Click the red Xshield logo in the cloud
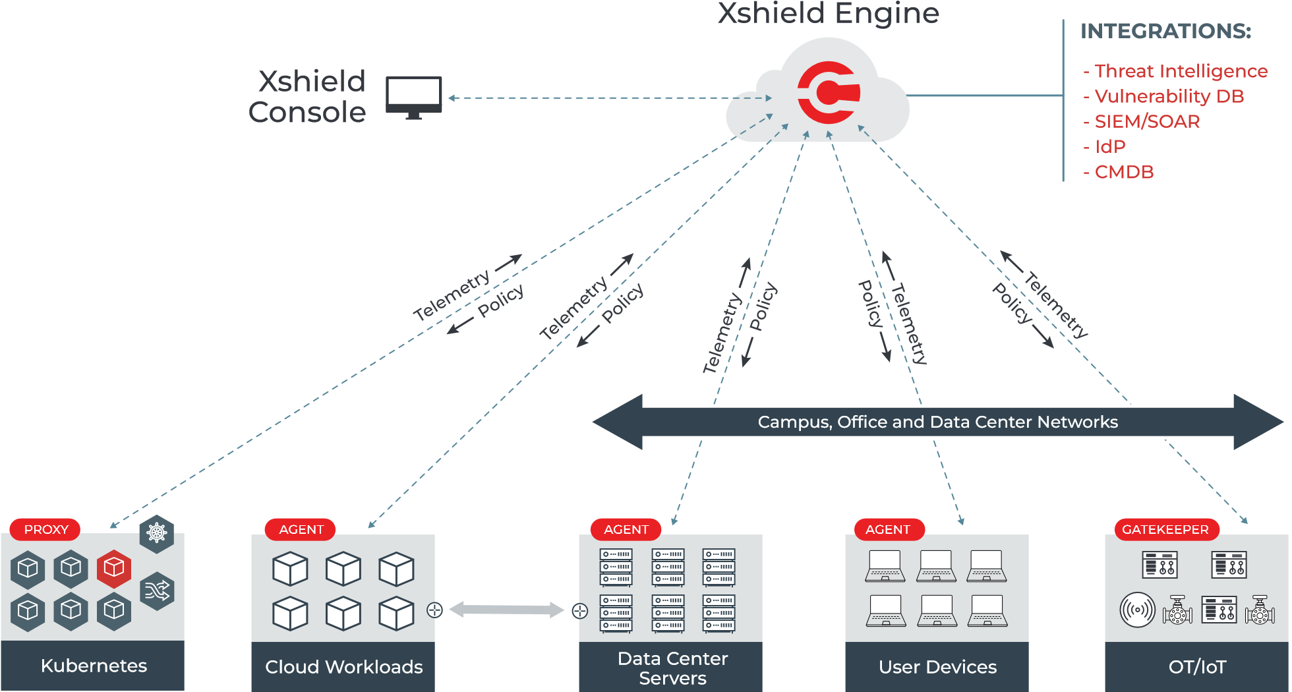pos(829,92)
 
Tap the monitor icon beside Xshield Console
pos(413,97)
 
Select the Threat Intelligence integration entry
pos(1180,71)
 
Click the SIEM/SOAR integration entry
pos(1146,121)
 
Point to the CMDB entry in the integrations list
pos(1123,172)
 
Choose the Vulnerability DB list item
pos(1169,96)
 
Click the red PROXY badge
pos(45,529)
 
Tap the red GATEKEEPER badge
pos(1165,529)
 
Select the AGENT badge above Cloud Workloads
pos(301,529)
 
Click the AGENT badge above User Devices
pos(887,529)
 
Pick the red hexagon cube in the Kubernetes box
pos(113,568)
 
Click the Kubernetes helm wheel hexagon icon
pos(157,533)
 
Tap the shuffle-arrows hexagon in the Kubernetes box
pos(157,591)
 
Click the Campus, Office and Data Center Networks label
pos(937,422)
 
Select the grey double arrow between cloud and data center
pos(506,610)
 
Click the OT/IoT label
pos(1196,667)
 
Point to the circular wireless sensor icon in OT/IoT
pos(1137,610)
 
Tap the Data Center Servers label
pos(672,668)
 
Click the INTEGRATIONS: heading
pos(1165,31)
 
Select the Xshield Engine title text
pos(828,13)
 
